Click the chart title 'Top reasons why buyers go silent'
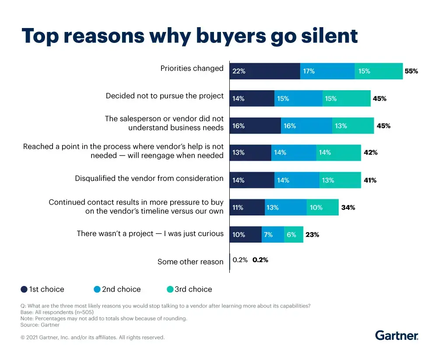pos(189,36)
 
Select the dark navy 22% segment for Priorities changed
pos(265,71)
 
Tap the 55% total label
pos(411,71)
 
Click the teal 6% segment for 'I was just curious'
pos(294,235)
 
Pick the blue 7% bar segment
pos(273,235)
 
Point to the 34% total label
pos(348,208)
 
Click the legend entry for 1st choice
pos(42,289)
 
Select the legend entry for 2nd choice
pos(117,289)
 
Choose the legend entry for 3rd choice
pos(189,289)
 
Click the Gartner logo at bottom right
pos(396,335)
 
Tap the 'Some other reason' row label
pos(190,262)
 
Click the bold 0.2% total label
pos(260,260)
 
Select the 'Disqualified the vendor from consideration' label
pos(149,178)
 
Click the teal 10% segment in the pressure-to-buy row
pos(322,208)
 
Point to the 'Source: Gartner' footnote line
pos(40,325)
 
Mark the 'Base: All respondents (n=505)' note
pos(57,312)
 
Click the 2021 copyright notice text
pos(92,337)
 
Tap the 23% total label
pos(312,235)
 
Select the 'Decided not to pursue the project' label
pos(165,95)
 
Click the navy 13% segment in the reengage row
pos(250,153)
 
